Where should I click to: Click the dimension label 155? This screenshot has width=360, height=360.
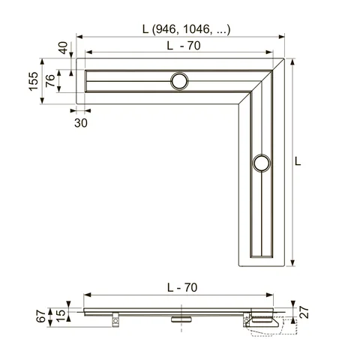point(34,82)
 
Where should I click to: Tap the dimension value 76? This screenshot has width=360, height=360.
point(50,80)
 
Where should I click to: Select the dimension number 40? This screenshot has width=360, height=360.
point(63,48)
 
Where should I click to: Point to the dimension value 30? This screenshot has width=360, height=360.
point(81,123)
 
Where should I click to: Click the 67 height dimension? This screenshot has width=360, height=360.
point(41,316)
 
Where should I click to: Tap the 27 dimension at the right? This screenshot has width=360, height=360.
point(304,312)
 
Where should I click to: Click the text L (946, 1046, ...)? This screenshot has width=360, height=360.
point(186,29)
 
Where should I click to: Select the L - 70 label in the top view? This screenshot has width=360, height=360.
point(184,46)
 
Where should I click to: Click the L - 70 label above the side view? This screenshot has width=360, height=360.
point(182,287)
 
